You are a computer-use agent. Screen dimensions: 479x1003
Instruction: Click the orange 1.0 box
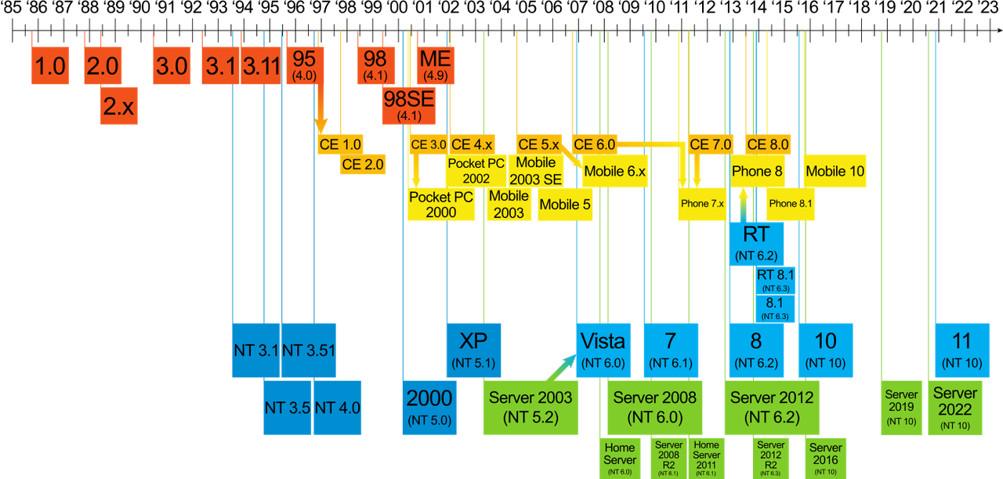[49, 66]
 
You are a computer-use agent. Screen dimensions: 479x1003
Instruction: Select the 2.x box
[118, 106]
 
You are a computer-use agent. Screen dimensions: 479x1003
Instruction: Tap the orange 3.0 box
[171, 66]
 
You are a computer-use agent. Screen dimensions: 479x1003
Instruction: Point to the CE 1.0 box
[341, 144]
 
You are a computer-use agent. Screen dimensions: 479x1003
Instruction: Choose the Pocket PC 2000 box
[440, 204]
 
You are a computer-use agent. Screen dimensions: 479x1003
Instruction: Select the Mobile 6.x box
[615, 171]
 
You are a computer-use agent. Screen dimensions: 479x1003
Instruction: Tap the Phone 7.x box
[702, 203]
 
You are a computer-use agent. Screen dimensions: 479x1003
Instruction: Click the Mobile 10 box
[835, 171]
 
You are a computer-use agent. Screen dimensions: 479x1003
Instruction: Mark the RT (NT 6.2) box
[755, 242]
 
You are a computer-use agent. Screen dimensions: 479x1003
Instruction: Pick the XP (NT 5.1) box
[473, 350]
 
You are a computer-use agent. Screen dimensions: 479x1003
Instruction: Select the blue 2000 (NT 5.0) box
[429, 407]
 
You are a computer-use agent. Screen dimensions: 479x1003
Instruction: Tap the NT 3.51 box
[309, 350]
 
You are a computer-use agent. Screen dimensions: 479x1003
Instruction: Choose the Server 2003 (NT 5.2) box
[530, 407]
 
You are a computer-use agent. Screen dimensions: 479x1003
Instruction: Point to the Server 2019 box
[900, 407]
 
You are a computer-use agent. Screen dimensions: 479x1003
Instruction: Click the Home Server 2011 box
[706, 459]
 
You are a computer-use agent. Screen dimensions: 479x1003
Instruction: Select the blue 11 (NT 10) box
[961, 350]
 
